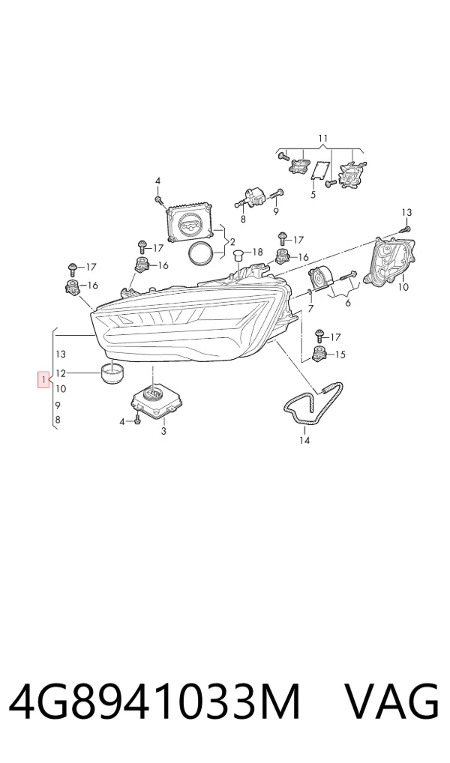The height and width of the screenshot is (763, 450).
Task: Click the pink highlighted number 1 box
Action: coord(43,379)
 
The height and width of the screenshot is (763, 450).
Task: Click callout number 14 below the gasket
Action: coord(304,441)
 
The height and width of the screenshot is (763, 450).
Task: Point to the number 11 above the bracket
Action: coord(323,139)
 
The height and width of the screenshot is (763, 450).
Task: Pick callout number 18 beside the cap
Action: coord(257,252)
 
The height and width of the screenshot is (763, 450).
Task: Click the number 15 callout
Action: coord(340,355)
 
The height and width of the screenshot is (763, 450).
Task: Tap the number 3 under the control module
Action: coord(163,431)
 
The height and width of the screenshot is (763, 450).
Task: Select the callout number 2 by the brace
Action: coord(232,242)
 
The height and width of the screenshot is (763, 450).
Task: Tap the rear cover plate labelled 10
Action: coord(391,259)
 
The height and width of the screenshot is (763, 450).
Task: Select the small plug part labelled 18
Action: coord(238,255)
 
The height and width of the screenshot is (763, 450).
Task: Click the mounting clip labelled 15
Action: coord(319,355)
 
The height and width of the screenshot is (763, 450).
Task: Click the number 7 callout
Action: coord(310,308)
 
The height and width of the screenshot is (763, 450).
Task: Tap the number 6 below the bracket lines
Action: coord(348,303)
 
